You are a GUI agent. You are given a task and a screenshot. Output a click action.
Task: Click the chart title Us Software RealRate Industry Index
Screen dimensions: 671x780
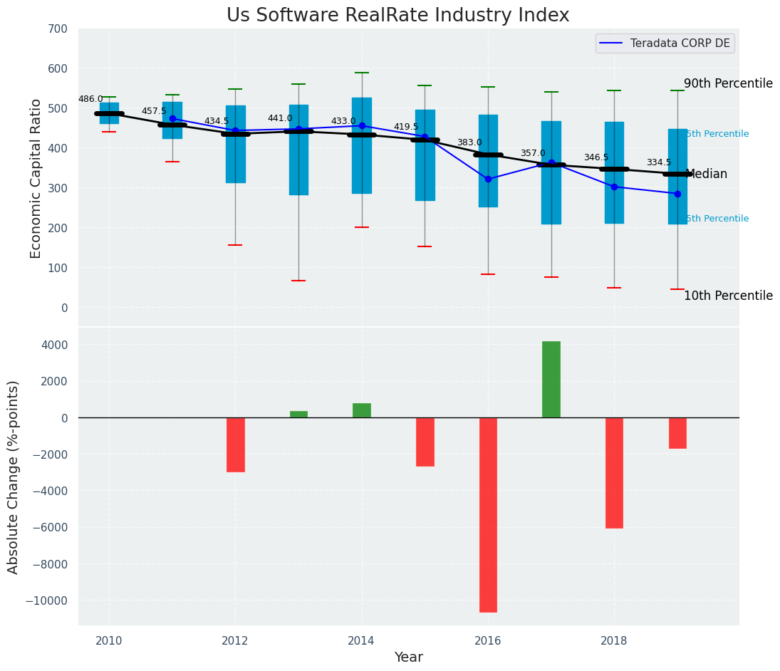pyautogui.click(x=397, y=16)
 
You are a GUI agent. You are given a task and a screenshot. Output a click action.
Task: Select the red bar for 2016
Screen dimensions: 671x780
pyautogui.click(x=488, y=514)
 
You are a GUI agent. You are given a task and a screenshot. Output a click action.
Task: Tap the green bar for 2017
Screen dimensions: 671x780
pyautogui.click(x=551, y=380)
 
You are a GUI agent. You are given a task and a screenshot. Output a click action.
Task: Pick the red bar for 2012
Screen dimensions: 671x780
pyautogui.click(x=236, y=444)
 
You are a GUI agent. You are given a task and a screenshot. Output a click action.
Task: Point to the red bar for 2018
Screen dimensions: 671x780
pyautogui.click(x=614, y=473)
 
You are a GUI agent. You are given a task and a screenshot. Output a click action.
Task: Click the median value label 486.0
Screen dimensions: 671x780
pyautogui.click(x=90, y=99)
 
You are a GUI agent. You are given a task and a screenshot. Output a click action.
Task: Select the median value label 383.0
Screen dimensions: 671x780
pyautogui.click(x=469, y=142)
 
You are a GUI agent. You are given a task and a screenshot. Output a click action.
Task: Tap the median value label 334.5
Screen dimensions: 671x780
pyautogui.click(x=659, y=162)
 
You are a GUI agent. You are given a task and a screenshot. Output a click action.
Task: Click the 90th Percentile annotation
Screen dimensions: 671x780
pyautogui.click(x=728, y=83)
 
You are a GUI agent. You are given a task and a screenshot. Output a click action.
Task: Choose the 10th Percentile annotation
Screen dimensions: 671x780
pyautogui.click(x=728, y=296)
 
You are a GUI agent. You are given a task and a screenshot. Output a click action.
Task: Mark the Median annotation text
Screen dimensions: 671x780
pyautogui.click(x=706, y=174)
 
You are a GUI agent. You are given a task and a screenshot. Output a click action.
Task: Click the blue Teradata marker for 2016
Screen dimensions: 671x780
pyautogui.click(x=488, y=179)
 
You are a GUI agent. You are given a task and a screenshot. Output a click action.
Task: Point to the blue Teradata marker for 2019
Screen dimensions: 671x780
pyautogui.click(x=677, y=194)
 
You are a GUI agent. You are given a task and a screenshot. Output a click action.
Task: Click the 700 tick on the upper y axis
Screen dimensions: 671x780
pyautogui.click(x=58, y=28)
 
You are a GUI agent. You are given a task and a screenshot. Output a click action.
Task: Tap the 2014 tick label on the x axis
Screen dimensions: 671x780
pyautogui.click(x=361, y=640)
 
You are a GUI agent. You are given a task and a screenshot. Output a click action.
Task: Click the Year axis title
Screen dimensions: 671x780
pyautogui.click(x=409, y=657)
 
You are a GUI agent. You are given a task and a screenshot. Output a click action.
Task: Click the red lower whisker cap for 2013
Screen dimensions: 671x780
pyautogui.click(x=298, y=281)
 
